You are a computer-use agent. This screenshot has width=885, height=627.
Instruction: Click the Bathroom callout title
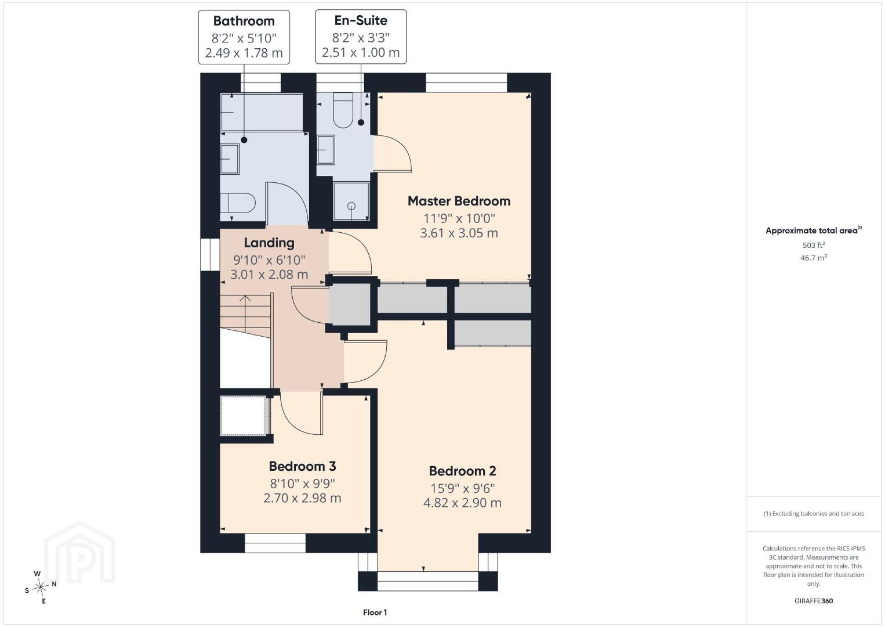coord(244,21)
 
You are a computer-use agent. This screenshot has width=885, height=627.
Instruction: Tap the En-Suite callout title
coord(361,20)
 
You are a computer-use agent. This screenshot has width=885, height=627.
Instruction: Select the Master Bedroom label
coord(459,201)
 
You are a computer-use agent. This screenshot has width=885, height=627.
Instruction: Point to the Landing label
coord(269,243)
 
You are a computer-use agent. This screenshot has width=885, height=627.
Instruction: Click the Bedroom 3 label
coord(302,466)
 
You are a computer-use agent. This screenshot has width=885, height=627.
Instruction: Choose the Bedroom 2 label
coord(462,471)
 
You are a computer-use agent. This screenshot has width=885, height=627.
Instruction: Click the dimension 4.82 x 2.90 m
coord(462,503)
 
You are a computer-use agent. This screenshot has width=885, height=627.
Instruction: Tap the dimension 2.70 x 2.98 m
coord(302,498)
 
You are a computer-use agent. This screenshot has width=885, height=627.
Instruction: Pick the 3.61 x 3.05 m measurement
coord(459,233)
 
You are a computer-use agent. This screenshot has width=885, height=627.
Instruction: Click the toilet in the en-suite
coord(343,110)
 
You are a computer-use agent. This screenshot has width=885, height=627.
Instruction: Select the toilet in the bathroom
coord(237,203)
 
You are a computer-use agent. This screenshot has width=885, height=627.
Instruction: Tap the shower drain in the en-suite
coord(351,206)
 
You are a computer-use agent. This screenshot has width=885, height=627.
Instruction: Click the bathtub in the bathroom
coord(262,113)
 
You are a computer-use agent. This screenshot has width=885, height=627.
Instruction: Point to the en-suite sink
coord(326,150)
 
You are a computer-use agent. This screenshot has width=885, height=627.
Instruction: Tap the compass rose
coord(41,587)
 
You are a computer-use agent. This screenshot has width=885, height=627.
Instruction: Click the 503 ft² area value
coord(814,245)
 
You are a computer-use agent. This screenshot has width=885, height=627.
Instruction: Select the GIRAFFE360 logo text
coord(814,601)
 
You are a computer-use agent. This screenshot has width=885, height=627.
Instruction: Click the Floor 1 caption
coord(375,612)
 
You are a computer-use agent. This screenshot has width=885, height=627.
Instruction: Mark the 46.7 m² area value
coord(814,258)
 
